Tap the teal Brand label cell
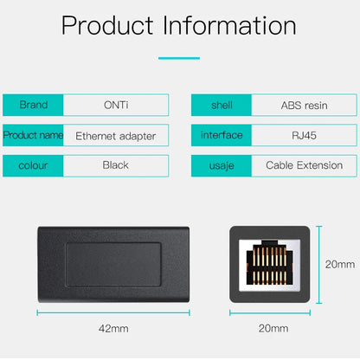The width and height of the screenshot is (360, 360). (x=33, y=105)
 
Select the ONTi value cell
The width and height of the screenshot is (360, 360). (x=115, y=105)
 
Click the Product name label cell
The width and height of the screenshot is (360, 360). (x=33, y=135)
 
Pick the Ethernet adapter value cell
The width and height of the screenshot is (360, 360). (x=115, y=135)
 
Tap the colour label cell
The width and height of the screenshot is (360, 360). (x=33, y=165)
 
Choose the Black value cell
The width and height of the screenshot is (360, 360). (x=115, y=165)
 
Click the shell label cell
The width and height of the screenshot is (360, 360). (x=222, y=105)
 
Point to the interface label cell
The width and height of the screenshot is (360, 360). (x=222, y=135)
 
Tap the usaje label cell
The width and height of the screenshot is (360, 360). (x=222, y=165)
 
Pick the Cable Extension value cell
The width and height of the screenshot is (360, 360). (x=305, y=165)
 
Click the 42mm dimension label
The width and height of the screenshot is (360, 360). (x=113, y=329)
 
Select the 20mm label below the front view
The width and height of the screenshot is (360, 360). (x=273, y=329)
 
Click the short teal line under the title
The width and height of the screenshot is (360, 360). (x=179, y=58)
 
